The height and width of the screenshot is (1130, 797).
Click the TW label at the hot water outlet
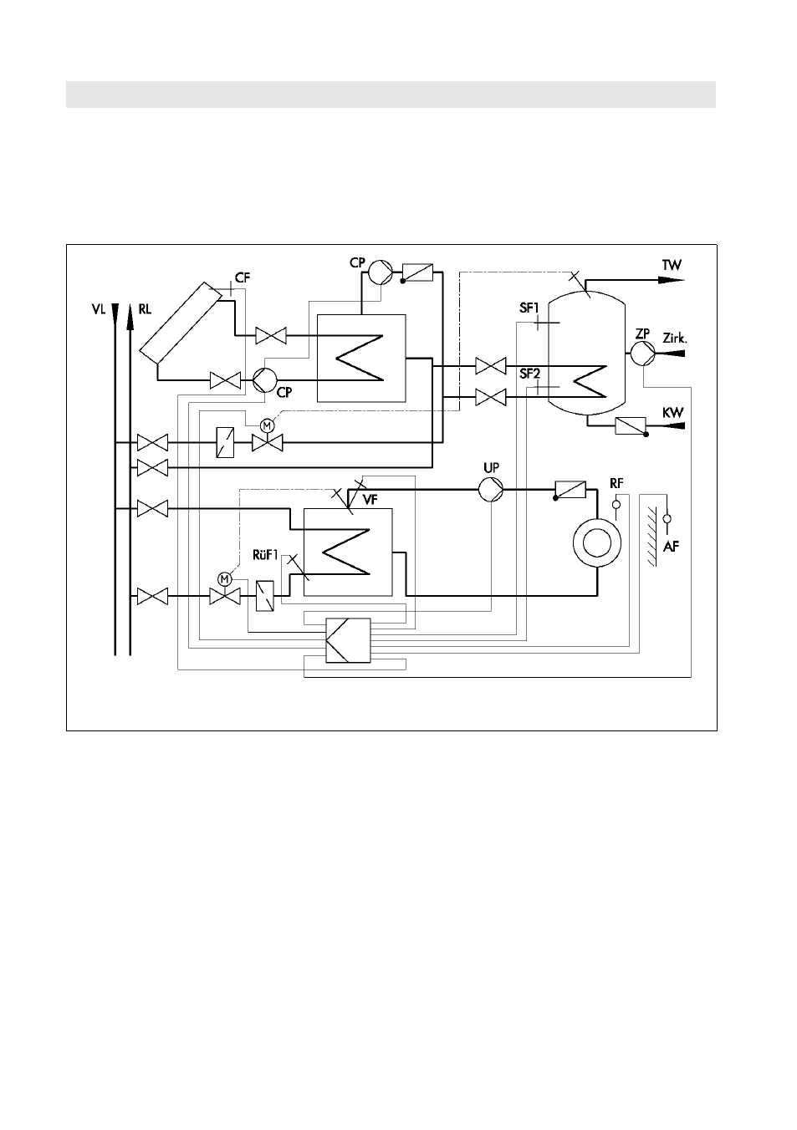672,265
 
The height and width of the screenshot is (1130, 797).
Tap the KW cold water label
673,413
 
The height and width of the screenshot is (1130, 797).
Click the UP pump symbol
491,489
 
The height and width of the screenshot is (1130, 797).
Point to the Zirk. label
675,339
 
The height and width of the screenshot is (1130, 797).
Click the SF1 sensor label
529,308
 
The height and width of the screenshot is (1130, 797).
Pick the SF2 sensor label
529,374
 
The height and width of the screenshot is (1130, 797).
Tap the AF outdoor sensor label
671,546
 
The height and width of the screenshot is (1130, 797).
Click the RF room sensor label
616,483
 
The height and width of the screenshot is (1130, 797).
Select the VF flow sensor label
370,500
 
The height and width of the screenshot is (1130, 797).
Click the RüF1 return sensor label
265,555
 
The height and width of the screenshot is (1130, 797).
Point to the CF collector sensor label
243,278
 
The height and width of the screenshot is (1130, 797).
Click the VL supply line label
99,309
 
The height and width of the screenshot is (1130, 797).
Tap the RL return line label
145,309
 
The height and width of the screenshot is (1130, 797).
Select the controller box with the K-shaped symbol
348,640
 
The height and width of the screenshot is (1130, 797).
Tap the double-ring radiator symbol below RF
597,543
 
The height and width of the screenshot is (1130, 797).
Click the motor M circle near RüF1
224,578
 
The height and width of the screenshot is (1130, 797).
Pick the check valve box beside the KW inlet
631,426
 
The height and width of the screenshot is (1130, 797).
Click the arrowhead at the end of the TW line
672,280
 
